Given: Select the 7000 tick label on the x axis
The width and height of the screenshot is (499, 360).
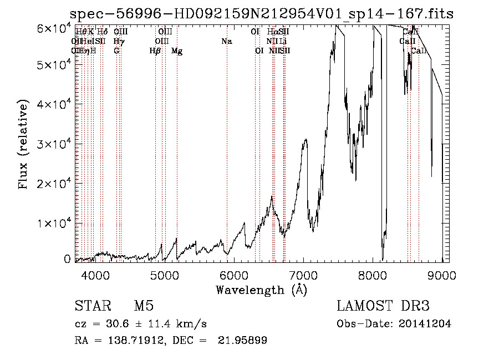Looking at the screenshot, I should (x=303, y=275).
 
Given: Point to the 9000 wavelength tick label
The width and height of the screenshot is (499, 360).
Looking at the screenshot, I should (x=442, y=275).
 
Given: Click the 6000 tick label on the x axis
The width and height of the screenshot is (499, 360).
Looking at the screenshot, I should (x=233, y=275).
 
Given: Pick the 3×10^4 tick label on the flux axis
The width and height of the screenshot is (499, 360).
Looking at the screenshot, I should (x=52, y=144).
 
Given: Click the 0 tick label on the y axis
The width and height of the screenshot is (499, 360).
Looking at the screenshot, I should (x=67, y=259).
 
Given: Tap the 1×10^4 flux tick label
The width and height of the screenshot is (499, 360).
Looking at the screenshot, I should (x=52, y=223).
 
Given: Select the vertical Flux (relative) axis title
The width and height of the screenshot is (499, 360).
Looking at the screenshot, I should (x=23, y=144).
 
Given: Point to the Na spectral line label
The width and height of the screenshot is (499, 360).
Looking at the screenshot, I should (x=226, y=42).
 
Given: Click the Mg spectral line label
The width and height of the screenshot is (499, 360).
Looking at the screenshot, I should (x=177, y=51).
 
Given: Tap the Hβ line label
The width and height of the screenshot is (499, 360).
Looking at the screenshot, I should (x=155, y=51).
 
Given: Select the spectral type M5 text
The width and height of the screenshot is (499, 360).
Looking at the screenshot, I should (x=144, y=307).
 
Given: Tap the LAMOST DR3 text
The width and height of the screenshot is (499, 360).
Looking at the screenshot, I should (x=383, y=307).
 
